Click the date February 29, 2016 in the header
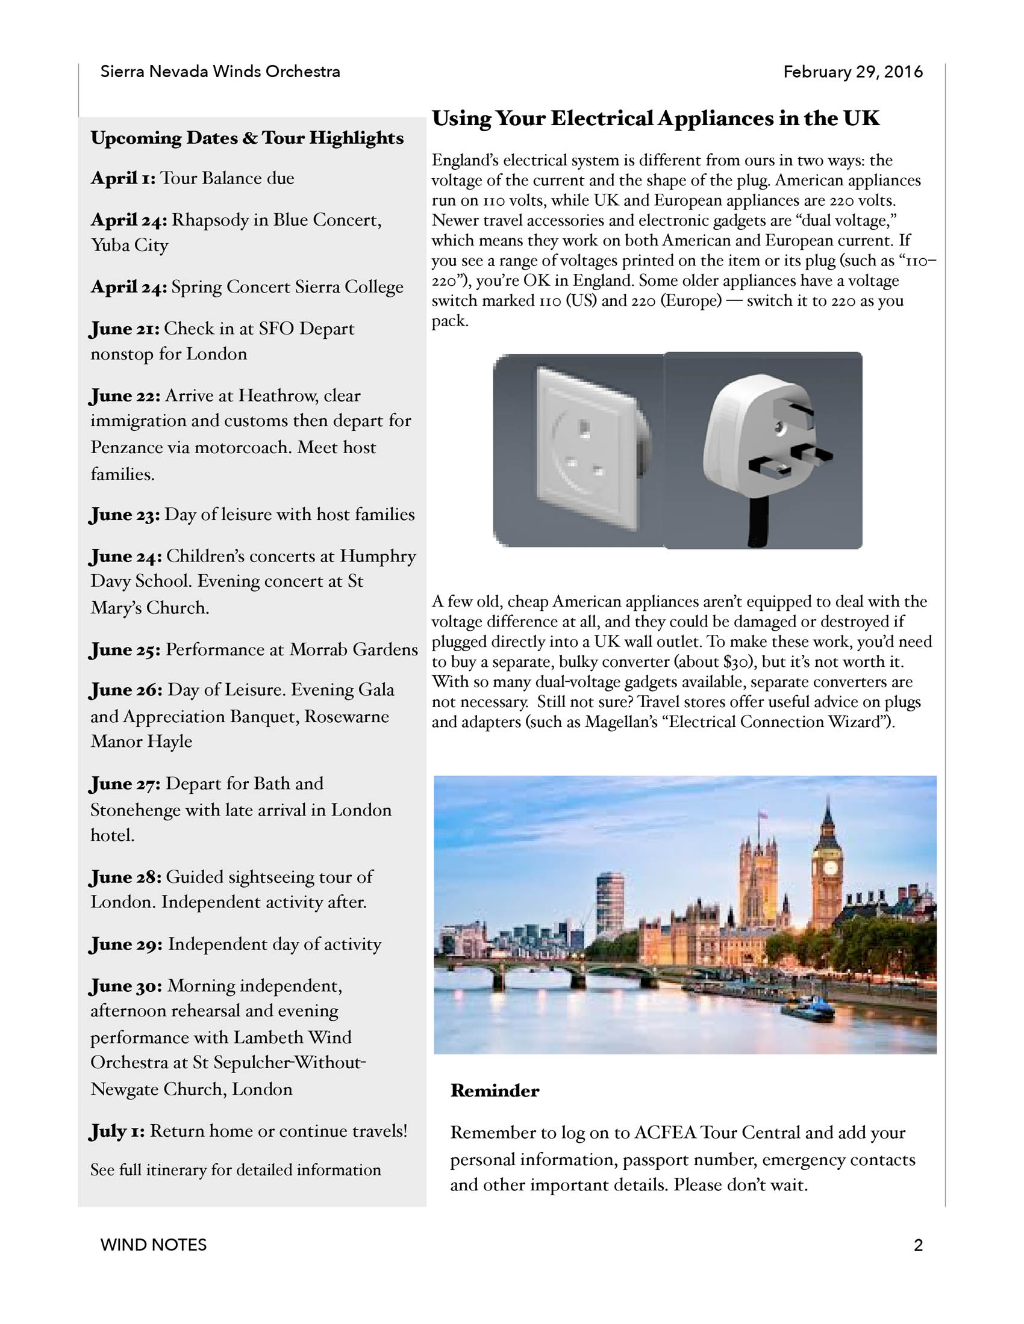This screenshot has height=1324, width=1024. (852, 72)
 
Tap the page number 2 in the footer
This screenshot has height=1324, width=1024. (918, 1245)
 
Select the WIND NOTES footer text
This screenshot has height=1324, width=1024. (154, 1245)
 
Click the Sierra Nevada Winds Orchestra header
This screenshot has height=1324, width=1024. (220, 72)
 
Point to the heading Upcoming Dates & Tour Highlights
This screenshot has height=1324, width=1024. (247, 138)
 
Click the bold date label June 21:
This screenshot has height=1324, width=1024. (125, 329)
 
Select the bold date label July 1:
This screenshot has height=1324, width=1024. (117, 1131)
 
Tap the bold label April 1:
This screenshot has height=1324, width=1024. (123, 178)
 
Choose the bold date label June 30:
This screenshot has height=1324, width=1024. (126, 986)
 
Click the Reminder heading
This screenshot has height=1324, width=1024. (495, 1091)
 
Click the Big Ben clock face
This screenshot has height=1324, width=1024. (830, 868)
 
